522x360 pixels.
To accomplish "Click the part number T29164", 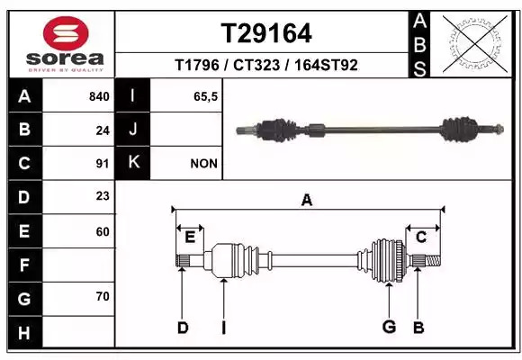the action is (266, 33).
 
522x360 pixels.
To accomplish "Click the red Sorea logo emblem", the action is (66, 33).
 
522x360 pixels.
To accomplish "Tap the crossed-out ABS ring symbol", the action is (475, 43).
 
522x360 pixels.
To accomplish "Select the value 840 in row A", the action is (99, 96).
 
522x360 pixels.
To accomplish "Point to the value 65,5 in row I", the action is (205, 96).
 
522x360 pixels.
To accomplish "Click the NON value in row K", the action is (203, 164).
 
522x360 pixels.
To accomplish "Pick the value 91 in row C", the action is (103, 164).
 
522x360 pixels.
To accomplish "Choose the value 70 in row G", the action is (103, 296).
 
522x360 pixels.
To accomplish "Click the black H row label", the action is (24, 333).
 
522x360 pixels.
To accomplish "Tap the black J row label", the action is (132, 130).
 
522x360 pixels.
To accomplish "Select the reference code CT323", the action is (256, 65).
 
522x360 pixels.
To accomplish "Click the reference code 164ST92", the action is (326, 65).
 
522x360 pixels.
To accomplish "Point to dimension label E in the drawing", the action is (190, 237).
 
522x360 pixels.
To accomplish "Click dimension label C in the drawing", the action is (421, 237).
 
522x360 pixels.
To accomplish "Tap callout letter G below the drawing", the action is (389, 327).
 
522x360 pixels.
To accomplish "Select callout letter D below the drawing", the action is (183, 328).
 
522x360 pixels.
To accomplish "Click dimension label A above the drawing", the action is (307, 200).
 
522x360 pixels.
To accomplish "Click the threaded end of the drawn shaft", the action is (433, 260).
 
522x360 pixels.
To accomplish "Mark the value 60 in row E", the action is (103, 231).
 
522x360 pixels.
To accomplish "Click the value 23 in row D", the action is (103, 196).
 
